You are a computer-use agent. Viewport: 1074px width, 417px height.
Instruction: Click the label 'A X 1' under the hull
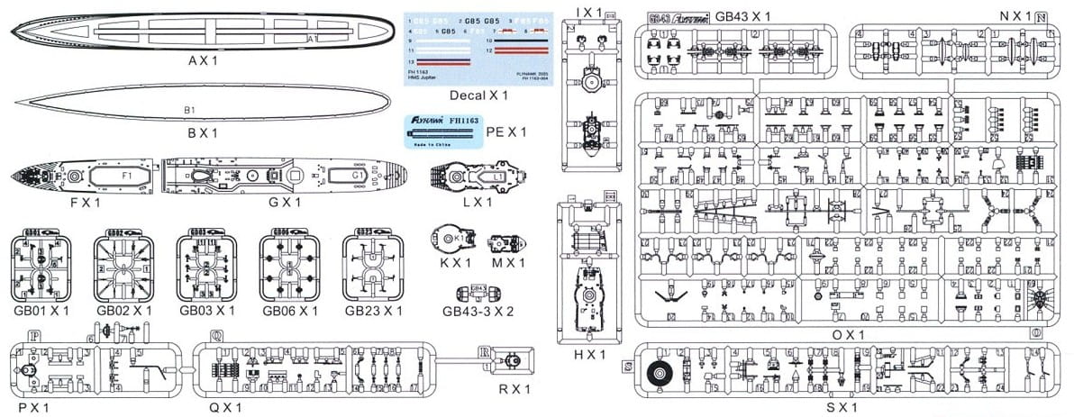tap(204, 60)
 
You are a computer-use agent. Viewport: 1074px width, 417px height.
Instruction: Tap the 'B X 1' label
tap(204, 132)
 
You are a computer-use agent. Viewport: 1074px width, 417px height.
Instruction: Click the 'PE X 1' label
tap(505, 131)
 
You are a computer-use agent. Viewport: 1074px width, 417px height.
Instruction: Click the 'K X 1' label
tap(451, 262)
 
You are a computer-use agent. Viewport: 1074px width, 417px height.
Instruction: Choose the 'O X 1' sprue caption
tap(847, 334)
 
